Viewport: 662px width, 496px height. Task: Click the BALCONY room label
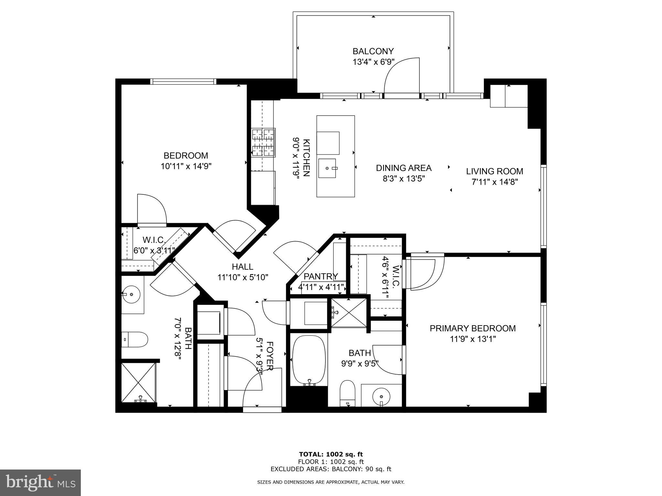(373, 51)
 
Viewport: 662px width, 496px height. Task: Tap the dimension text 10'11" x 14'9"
(186, 166)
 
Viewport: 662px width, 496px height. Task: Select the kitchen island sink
(327, 168)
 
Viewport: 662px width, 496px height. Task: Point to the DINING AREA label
(403, 168)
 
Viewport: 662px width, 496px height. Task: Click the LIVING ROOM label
(494, 171)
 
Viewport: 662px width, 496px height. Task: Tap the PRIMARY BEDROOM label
(472, 328)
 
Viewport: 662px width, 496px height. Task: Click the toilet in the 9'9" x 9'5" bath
(347, 393)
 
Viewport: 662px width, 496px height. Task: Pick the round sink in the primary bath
(381, 396)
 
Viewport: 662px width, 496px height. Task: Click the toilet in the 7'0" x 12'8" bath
(135, 339)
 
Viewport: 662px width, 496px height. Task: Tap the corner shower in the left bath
(138, 383)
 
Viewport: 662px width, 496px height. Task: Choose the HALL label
(242, 266)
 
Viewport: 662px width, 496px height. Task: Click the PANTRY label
(320, 276)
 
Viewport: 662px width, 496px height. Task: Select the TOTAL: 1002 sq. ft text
(331, 454)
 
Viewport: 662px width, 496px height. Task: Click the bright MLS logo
(40, 482)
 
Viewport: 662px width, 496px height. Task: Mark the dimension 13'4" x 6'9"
(373, 62)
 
